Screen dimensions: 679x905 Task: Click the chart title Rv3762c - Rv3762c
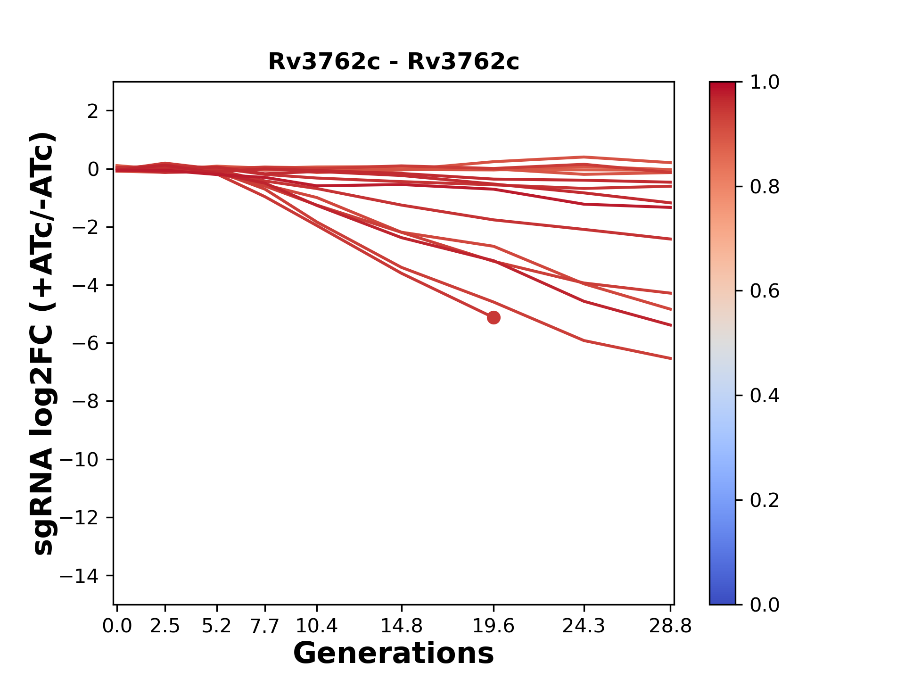click(394, 62)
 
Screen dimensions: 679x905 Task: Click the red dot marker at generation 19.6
click(493, 317)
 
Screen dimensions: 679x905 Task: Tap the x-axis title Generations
click(394, 653)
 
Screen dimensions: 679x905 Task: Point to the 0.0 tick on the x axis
click(117, 626)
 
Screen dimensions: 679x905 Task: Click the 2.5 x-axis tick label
click(165, 626)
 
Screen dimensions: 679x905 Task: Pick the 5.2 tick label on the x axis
click(217, 626)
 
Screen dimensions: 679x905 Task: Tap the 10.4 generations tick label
click(317, 626)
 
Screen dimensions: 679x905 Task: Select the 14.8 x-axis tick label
click(401, 626)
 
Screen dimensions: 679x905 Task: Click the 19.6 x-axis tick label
click(494, 626)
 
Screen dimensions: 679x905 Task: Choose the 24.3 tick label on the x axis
click(584, 626)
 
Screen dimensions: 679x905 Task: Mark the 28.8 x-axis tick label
click(670, 626)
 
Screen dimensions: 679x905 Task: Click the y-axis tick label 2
click(93, 111)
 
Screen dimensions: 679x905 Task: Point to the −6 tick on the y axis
click(85, 343)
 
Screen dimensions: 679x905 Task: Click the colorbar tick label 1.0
click(765, 83)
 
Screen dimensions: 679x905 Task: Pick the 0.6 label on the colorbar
click(765, 291)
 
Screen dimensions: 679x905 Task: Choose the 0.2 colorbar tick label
click(765, 500)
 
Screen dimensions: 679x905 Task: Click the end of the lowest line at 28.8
click(670, 358)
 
